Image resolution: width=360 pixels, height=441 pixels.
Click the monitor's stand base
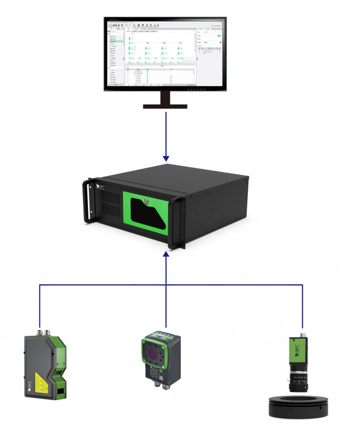click(165, 106)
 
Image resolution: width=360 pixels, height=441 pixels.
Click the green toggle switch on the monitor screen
click(219, 36)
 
